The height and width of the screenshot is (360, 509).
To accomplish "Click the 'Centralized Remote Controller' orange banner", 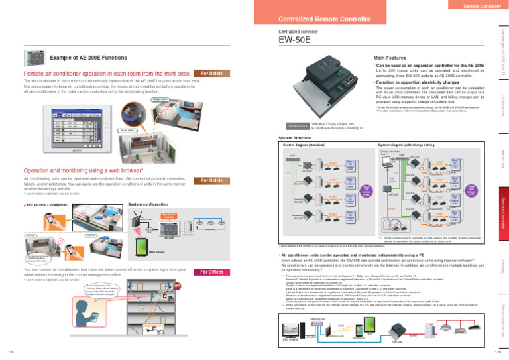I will pos(324,18).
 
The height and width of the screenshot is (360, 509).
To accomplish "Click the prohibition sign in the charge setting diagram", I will pos(397,225).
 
